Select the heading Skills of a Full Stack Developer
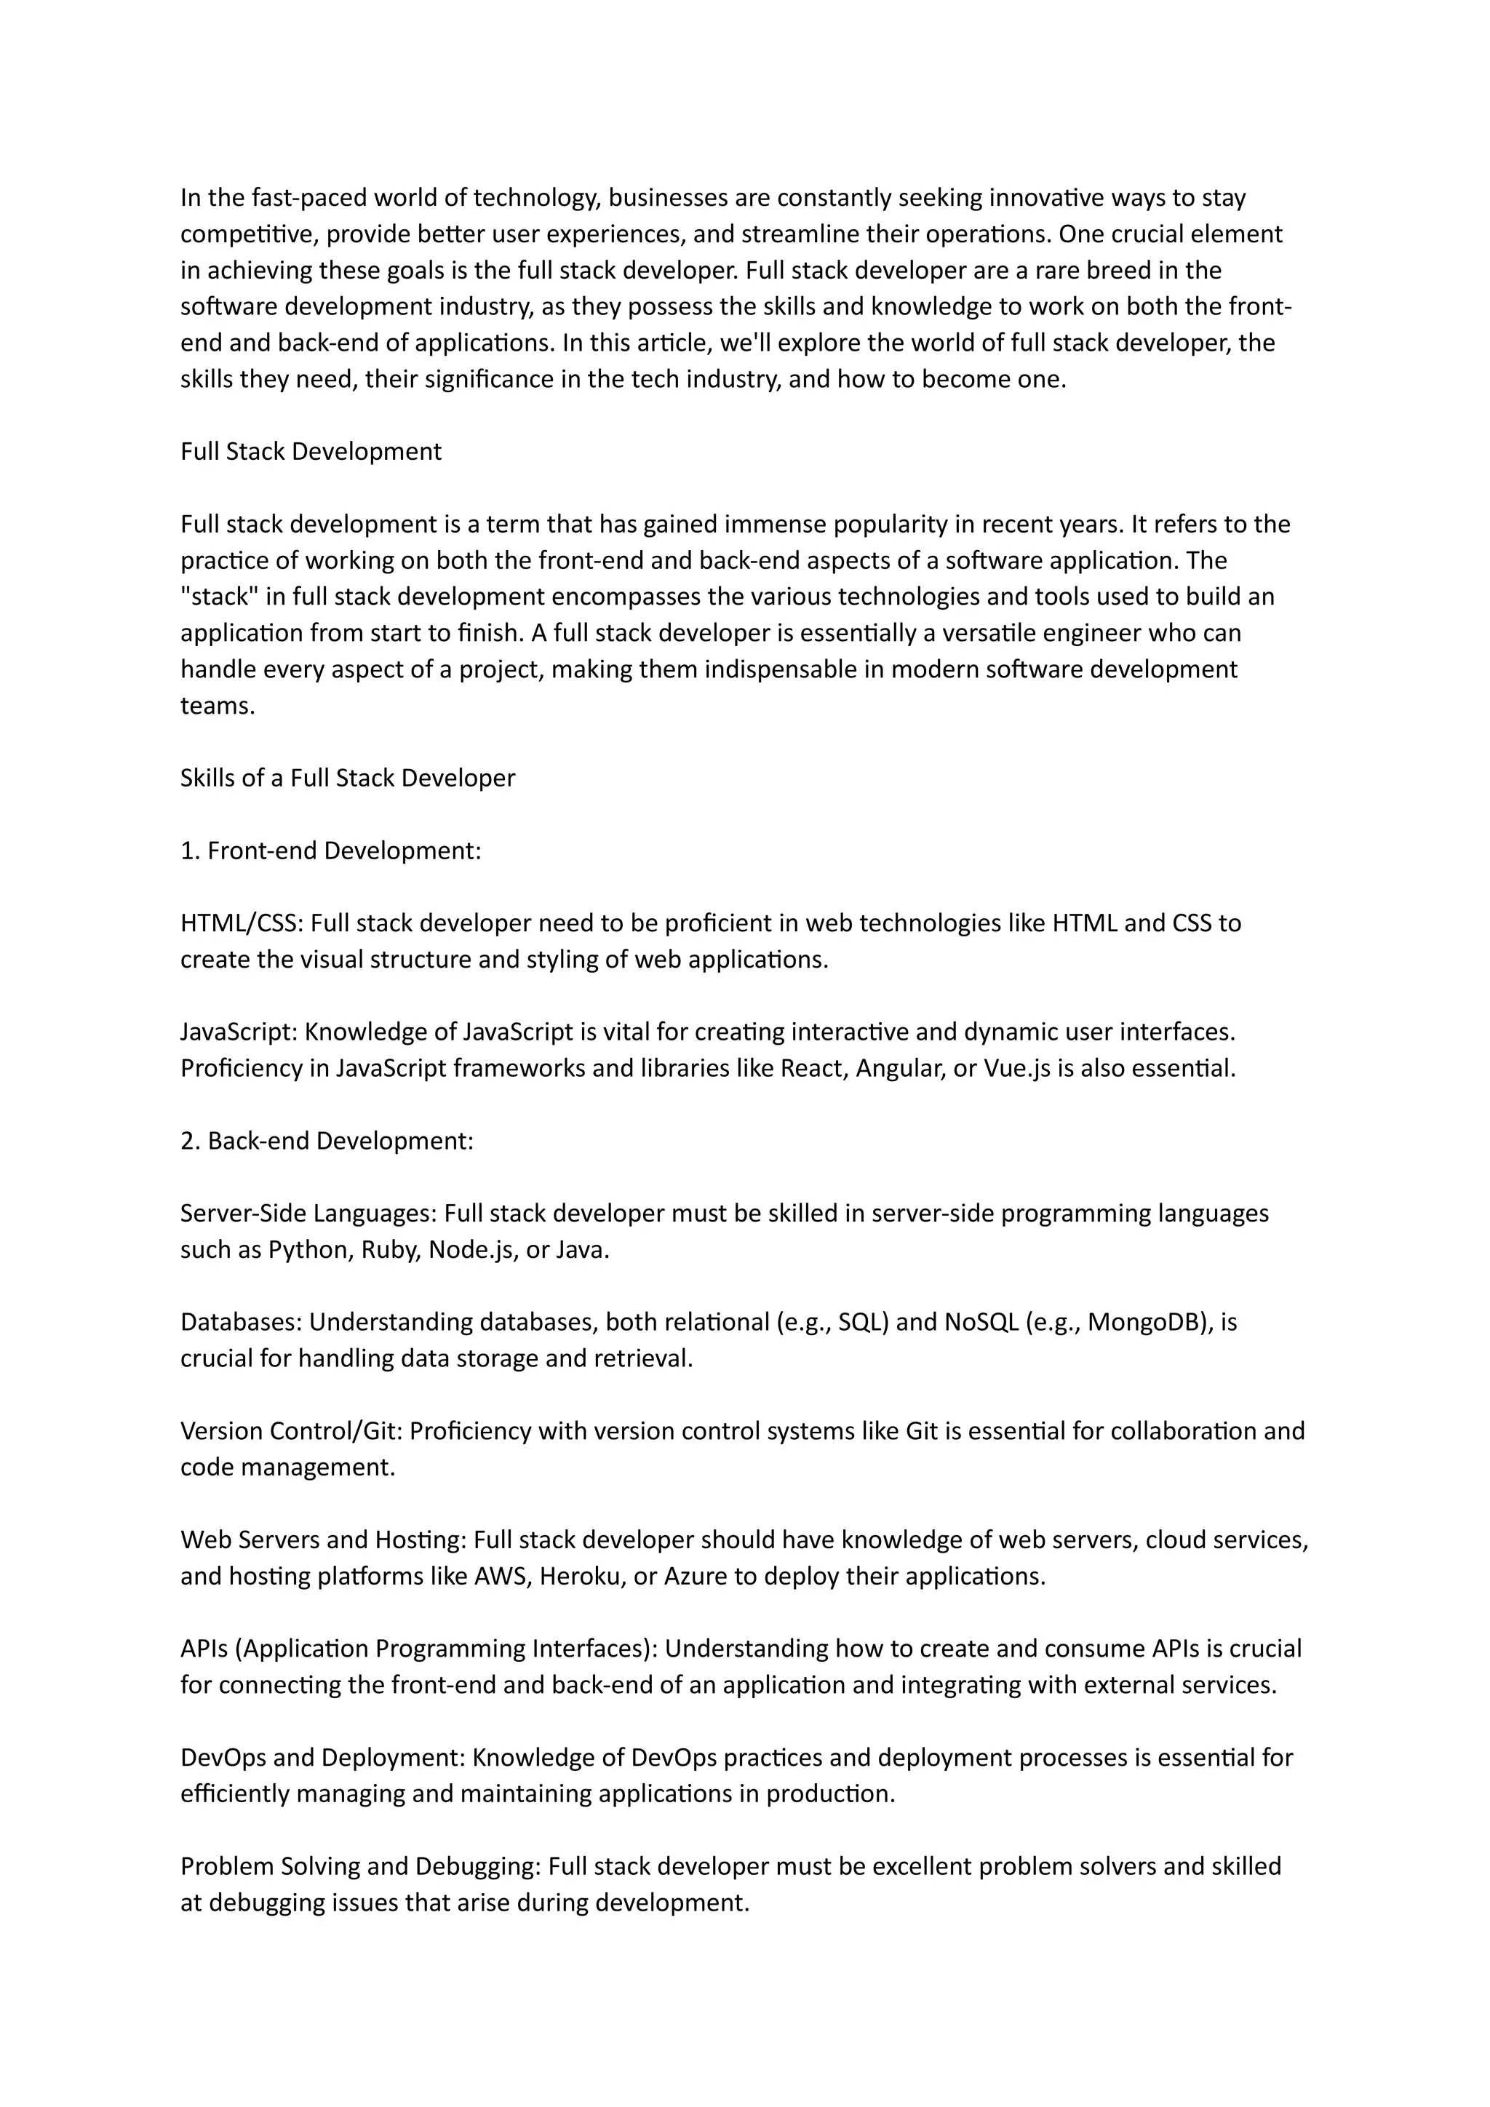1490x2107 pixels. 347,778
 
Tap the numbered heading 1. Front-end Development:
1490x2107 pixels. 330,851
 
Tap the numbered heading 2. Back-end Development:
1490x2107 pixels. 327,1141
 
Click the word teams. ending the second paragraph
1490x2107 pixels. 217,706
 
